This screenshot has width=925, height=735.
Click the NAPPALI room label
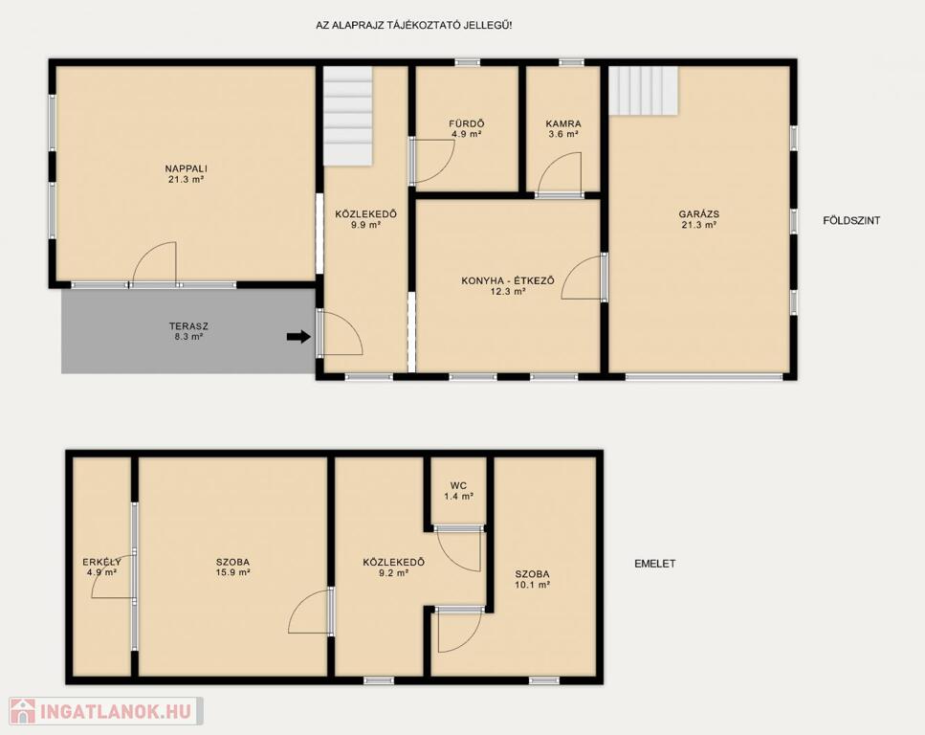186,168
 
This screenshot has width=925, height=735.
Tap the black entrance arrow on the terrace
298,337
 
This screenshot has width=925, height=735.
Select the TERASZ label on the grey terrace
188,326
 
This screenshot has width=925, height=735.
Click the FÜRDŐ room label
467,124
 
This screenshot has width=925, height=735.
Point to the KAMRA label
563,124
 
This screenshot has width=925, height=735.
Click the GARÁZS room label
698,214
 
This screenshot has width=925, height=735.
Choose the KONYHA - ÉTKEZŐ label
508,281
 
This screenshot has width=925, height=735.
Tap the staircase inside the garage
644,91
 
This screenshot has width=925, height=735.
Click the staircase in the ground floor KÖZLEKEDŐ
348,116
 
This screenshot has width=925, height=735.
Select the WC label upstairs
458,486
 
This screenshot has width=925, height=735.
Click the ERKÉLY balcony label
102,562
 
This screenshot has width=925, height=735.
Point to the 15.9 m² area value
233,572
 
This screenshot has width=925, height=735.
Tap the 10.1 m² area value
533,585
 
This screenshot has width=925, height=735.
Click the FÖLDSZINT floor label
851,221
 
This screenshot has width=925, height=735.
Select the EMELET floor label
655,564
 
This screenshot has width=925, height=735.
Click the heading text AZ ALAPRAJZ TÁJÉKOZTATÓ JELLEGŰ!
414,26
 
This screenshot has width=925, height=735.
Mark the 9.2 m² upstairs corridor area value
393,572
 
